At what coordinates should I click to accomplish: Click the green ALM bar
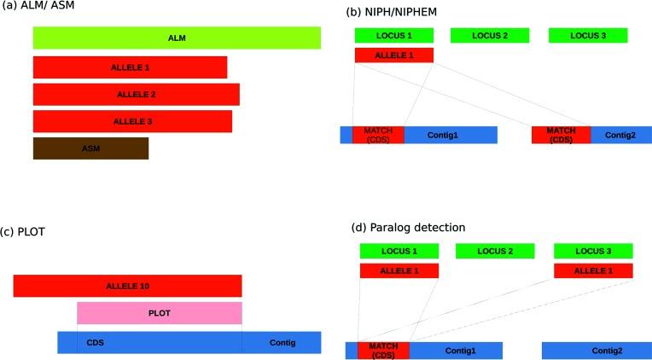[177, 38]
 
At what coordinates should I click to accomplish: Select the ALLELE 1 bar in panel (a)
[130, 67]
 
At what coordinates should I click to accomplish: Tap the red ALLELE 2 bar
[136, 95]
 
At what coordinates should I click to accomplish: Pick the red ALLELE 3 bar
[132, 121]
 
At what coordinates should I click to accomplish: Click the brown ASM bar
[90, 148]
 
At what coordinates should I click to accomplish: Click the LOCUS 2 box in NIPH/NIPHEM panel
[490, 35]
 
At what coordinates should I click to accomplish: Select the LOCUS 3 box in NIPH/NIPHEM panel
[588, 35]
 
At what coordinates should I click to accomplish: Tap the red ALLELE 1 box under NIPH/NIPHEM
[393, 55]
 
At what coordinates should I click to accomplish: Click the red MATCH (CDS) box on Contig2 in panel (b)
[561, 135]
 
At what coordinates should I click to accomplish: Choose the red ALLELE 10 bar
[127, 286]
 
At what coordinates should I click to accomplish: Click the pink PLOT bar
[160, 313]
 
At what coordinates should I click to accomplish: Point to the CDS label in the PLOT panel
[96, 342]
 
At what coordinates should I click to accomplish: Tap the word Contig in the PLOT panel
[282, 342]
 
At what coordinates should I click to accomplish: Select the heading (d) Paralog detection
[408, 228]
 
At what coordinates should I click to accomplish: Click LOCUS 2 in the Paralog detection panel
[495, 251]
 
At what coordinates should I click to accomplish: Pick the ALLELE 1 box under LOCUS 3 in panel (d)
[593, 270]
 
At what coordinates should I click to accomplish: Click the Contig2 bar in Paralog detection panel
[597, 351]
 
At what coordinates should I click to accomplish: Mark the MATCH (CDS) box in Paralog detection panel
[383, 351]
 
